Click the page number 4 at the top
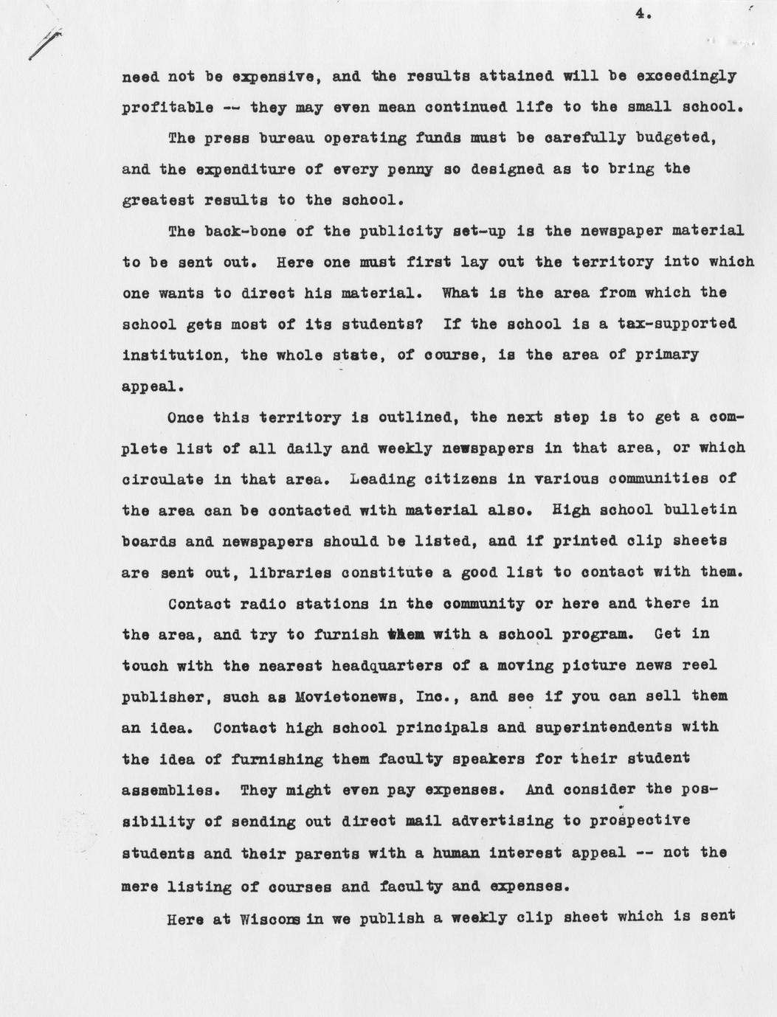pos(640,12)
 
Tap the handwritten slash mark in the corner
pos(44,45)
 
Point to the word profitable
pos(168,108)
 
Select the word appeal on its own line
pos(148,386)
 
